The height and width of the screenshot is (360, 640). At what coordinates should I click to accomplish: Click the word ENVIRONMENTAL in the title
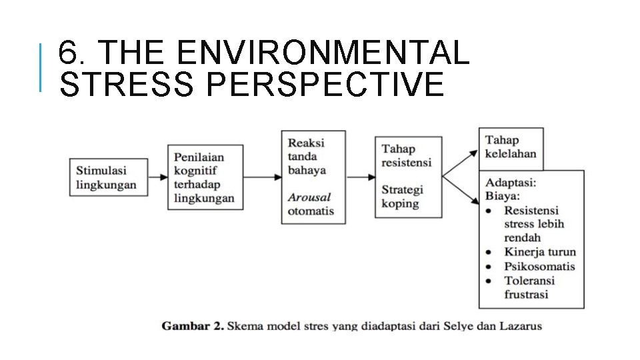point(320,53)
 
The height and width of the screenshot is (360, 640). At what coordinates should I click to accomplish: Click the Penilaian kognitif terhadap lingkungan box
point(205,177)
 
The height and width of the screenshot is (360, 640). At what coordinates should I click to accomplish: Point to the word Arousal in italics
point(309,197)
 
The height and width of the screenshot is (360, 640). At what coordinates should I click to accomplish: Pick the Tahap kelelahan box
point(511,147)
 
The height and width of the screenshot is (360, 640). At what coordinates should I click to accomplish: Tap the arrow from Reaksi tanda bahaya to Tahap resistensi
point(361,177)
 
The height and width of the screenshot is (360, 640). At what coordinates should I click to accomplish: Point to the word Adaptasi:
point(511,182)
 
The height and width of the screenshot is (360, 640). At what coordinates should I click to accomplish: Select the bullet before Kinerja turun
point(490,253)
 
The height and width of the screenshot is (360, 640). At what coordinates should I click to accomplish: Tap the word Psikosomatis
point(539,266)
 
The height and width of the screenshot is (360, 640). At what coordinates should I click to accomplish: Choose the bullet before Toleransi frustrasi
point(490,281)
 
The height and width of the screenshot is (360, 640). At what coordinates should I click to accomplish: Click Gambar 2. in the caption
point(192,326)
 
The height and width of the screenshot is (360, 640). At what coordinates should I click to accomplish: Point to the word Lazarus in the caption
point(520,326)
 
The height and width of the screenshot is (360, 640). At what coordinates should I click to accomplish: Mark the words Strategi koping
point(402,197)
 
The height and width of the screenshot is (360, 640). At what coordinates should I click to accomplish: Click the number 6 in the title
point(67,53)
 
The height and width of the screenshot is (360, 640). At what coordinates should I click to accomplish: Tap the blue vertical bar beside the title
point(41,67)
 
